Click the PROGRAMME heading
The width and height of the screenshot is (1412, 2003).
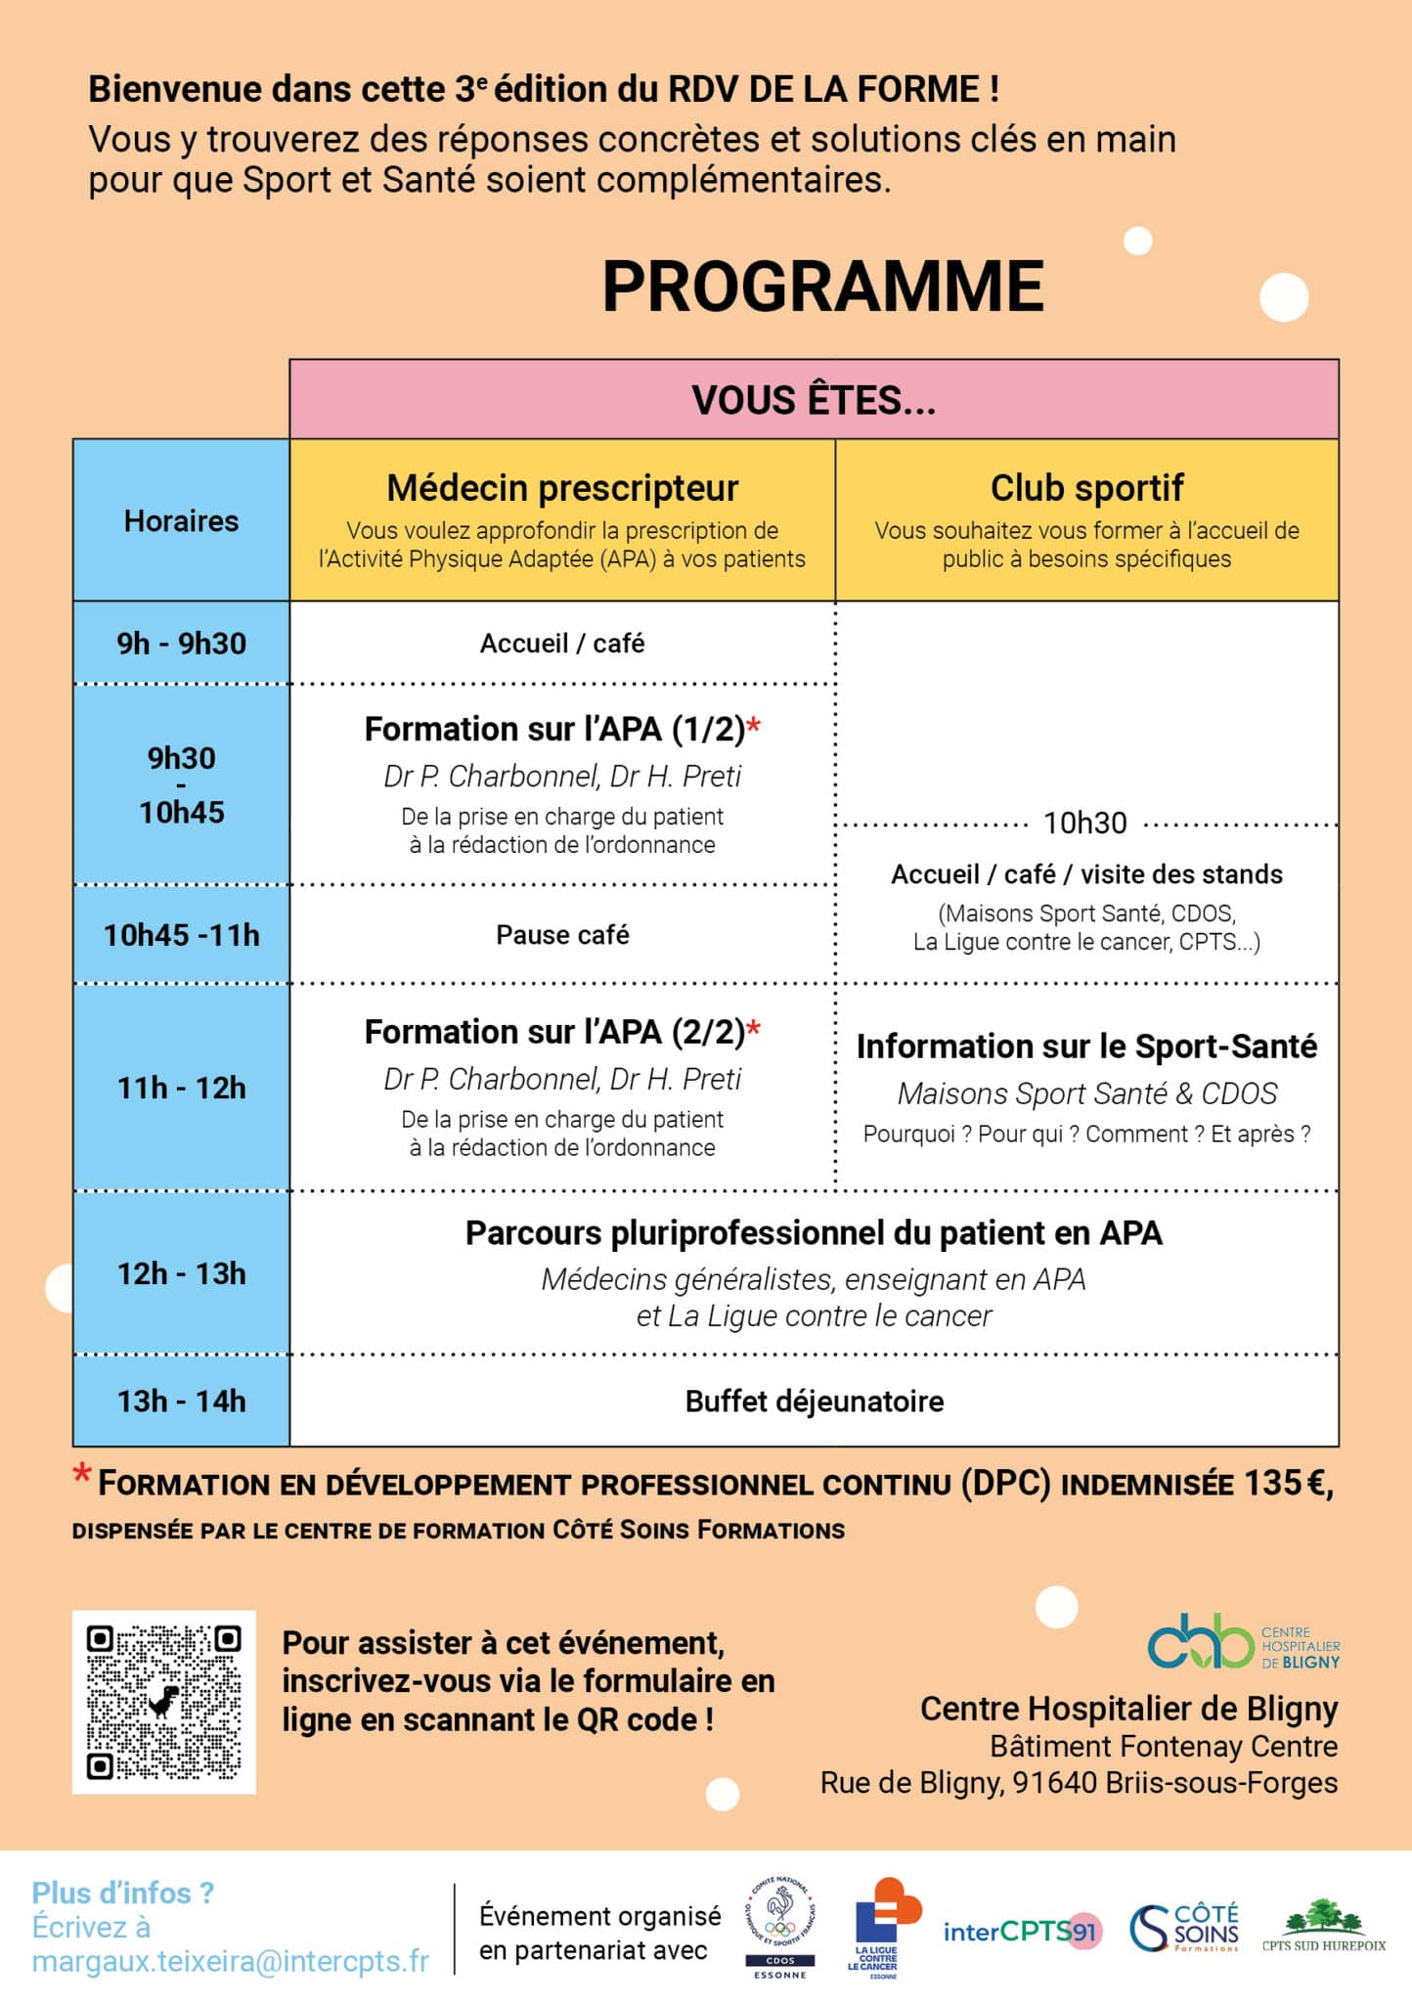click(822, 287)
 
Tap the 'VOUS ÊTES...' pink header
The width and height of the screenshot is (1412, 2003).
click(814, 400)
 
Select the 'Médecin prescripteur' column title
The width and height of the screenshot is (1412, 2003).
click(562, 487)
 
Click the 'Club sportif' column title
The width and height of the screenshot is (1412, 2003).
click(1086, 487)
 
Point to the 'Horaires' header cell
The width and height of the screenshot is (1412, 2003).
click(181, 521)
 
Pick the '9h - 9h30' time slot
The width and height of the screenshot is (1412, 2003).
click(181, 644)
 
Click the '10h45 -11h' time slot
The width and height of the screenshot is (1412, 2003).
click(181, 935)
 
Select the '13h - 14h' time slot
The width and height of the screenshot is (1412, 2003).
click(181, 1402)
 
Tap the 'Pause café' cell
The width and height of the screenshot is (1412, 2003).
click(562, 935)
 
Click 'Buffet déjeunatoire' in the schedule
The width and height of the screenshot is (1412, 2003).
click(814, 1402)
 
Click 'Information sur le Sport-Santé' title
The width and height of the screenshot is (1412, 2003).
click(1086, 1046)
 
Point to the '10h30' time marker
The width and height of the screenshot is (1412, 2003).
click(1085, 823)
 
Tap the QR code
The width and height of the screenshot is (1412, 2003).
click(164, 1703)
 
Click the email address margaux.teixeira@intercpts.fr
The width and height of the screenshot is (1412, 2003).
click(231, 1962)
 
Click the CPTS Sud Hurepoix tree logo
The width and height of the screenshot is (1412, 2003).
click(1323, 1927)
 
